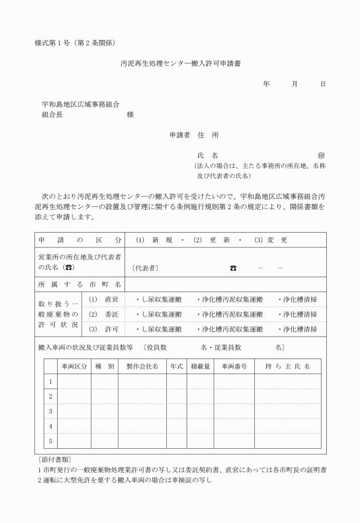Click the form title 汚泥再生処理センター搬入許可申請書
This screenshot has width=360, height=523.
click(180, 65)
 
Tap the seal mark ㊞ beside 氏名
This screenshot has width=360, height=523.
click(321, 155)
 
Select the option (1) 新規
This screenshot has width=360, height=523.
click(154, 240)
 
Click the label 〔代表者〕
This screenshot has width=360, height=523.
click(145, 268)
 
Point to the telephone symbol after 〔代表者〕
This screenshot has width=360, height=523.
click(233, 268)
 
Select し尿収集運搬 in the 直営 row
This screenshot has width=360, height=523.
click(158, 299)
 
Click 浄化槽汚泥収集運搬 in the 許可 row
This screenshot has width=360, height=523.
click(230, 329)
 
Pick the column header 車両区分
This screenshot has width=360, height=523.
click(74, 366)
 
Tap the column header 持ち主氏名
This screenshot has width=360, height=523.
click(287, 366)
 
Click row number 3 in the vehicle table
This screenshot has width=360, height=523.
click(50, 411)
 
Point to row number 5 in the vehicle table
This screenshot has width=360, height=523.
click(50, 441)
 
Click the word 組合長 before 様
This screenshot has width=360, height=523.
click(52, 114)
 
